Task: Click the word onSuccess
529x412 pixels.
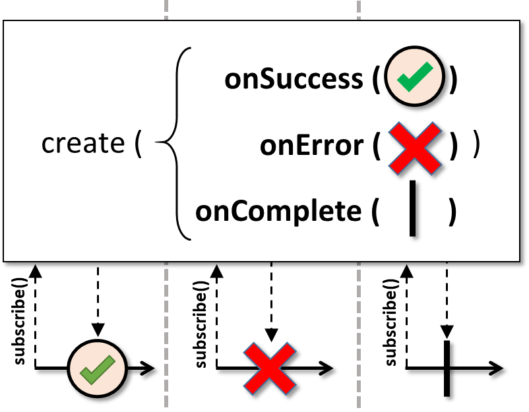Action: point(293,79)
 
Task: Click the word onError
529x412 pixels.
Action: point(311,146)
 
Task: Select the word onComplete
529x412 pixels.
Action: point(280,212)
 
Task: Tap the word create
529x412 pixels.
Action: point(82,143)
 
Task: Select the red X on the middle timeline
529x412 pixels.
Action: point(270,368)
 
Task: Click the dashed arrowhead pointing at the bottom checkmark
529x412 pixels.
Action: point(98,330)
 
